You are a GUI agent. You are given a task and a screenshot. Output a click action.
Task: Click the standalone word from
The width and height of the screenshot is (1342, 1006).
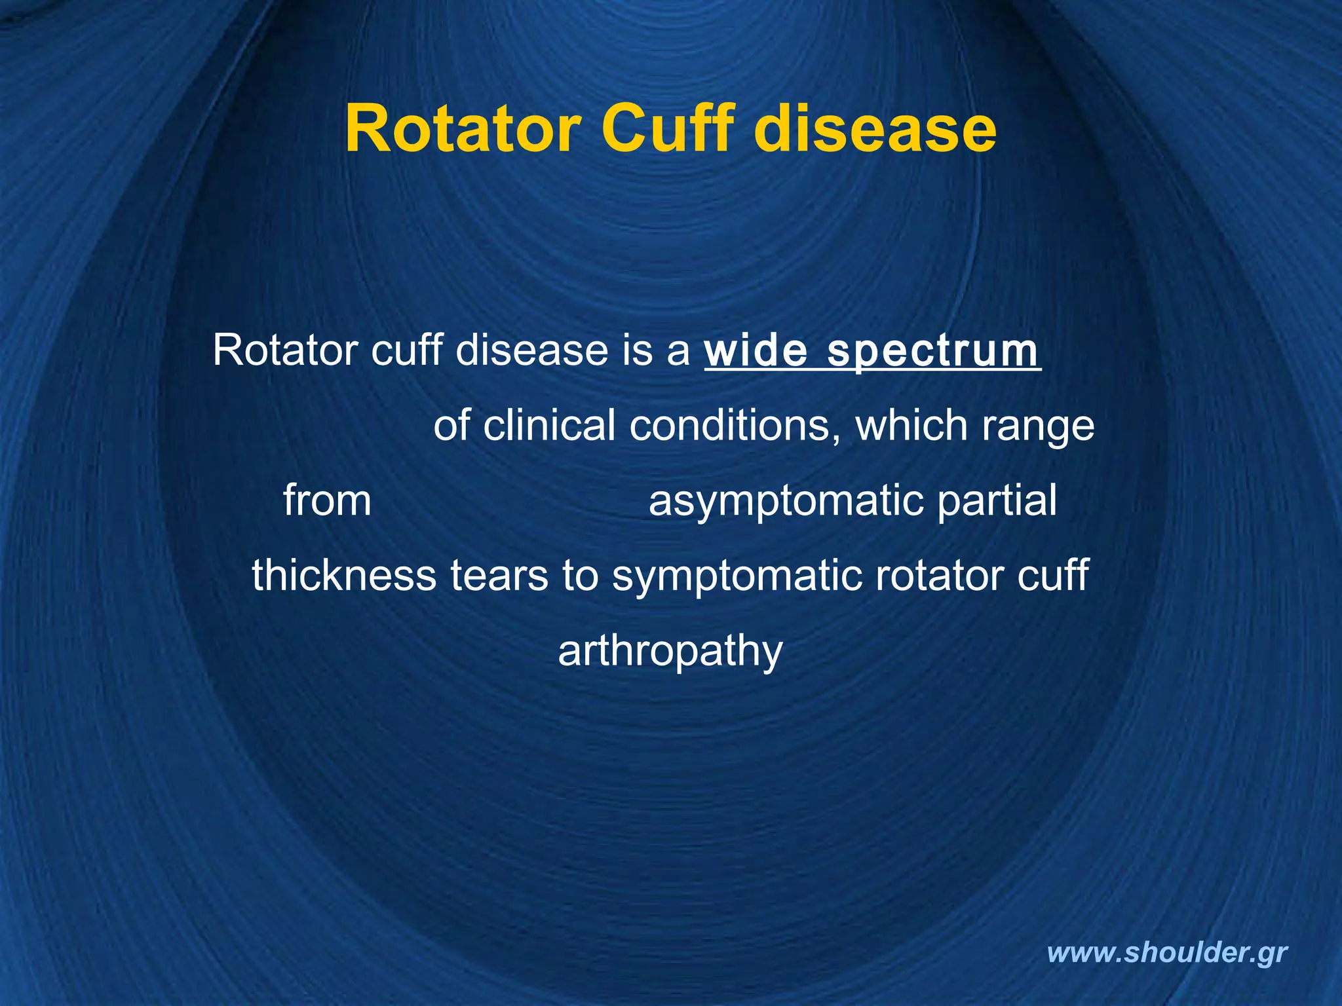point(327,500)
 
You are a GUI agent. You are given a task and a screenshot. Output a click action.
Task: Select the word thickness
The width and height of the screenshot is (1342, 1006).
point(344,576)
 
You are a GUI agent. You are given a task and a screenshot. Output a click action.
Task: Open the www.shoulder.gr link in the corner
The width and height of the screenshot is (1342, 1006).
point(1167,953)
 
